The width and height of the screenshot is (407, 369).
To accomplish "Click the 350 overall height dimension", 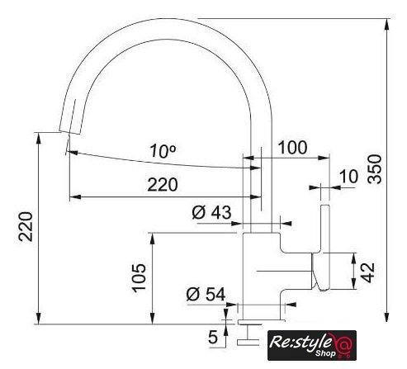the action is click(375, 169).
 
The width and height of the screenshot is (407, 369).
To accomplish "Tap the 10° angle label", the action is click(163, 151).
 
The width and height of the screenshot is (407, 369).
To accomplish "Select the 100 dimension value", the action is click(292, 147).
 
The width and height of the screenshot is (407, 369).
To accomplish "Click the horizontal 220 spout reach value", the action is click(163, 185).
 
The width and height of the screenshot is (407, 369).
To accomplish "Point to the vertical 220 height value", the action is click(26, 226).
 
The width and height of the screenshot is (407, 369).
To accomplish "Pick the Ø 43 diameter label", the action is click(211, 212).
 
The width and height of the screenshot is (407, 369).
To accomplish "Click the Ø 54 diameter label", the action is click(206, 295).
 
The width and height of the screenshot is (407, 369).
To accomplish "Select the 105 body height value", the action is click(139, 278).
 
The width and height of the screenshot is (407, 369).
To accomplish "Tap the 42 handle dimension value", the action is click(367, 272).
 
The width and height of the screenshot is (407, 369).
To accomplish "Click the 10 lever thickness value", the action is click(348, 177).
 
